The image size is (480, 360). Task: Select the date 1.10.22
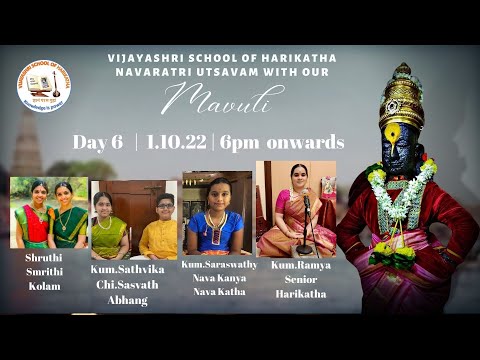tap(175, 142)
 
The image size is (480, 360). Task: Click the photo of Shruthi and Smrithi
tap(48, 212)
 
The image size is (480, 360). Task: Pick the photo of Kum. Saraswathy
tap(217, 213)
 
